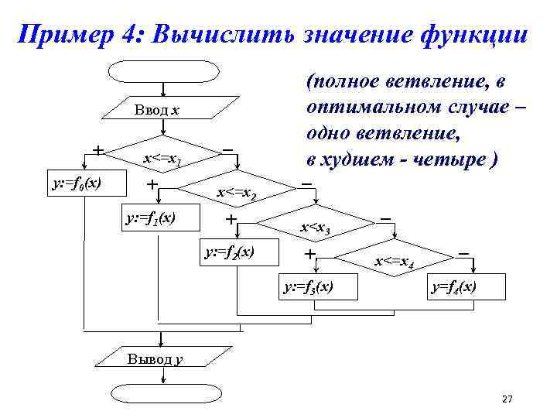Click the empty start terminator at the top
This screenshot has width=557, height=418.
162,71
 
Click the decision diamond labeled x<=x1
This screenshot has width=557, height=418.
164,159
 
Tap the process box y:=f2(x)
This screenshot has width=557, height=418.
229,252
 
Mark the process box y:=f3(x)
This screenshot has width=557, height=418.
309,287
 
